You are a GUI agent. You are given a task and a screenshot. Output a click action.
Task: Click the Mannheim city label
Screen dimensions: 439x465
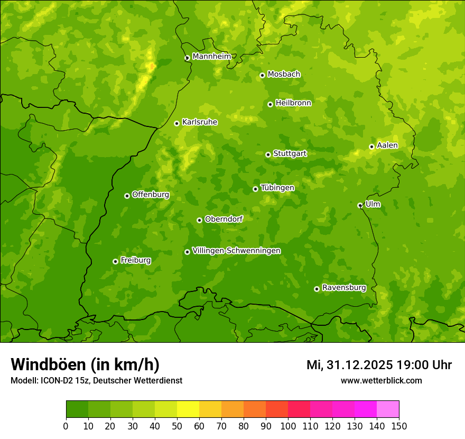211,57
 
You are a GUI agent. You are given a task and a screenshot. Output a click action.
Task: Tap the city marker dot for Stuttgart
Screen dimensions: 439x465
268,154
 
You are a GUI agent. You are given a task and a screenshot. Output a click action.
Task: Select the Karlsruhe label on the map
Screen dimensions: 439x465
200,122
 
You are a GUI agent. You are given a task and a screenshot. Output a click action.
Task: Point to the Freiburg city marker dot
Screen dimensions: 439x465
115,261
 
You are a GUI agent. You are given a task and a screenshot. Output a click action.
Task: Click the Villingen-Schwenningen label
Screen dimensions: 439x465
236,251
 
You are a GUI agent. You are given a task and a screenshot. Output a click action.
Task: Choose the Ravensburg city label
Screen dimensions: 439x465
344,288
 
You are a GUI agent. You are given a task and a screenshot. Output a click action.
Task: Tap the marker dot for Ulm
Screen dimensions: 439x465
360,205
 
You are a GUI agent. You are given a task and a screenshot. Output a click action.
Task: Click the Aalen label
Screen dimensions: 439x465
387,145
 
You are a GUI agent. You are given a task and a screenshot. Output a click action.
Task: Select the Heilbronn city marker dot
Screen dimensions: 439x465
270,104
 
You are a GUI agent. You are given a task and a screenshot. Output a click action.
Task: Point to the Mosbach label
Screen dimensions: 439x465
284,75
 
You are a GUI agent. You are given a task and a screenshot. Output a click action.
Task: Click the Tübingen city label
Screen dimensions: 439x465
277,188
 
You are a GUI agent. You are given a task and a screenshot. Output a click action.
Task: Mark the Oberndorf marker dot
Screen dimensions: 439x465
199,220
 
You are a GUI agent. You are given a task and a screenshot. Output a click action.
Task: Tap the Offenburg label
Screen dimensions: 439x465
151,195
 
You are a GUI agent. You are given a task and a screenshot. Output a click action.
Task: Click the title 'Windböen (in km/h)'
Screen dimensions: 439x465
85,364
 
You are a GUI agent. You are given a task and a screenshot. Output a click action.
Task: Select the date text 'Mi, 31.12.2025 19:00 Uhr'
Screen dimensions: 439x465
379,365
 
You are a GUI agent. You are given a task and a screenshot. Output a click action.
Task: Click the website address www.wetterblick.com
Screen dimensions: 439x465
381,380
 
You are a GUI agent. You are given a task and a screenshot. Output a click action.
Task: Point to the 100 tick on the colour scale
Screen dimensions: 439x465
288,426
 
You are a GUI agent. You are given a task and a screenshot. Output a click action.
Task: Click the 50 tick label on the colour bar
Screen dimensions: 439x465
177,426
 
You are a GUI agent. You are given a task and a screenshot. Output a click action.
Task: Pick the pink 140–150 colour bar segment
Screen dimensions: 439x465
388,409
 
